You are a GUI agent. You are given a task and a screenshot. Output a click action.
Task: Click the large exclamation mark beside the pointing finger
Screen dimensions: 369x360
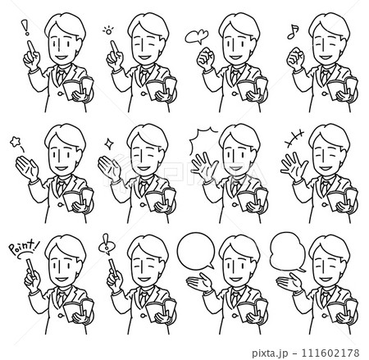point(26,27)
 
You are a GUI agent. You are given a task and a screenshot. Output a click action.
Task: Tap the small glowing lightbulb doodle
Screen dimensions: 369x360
point(108,30)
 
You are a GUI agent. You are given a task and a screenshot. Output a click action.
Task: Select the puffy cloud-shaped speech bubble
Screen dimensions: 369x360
point(197,37)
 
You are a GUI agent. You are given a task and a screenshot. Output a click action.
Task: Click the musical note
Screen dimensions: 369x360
point(293,31)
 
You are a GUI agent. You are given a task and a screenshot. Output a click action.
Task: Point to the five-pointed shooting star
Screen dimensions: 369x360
point(15,142)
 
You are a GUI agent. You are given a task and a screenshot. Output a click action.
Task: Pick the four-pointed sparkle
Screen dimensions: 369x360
point(109,143)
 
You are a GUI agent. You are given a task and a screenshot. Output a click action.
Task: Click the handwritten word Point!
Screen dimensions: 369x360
point(23,247)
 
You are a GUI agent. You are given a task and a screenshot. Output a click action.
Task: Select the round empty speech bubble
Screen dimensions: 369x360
point(196,250)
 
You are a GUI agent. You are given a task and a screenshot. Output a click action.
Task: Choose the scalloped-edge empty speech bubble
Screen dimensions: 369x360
point(288,252)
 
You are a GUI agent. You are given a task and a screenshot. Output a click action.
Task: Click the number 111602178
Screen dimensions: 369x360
point(330,353)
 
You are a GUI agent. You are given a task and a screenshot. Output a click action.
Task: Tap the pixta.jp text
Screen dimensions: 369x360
point(270,353)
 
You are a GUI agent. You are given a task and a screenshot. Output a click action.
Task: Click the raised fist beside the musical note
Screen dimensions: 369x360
point(295,58)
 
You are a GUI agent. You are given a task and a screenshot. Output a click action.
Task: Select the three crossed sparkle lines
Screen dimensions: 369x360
point(294,139)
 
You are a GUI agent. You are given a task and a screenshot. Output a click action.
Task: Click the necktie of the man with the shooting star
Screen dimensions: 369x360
point(60,187)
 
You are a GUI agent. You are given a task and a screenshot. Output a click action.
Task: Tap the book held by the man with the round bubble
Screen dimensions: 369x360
point(253,309)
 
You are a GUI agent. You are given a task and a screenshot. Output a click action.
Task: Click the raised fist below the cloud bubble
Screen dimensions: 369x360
point(206,58)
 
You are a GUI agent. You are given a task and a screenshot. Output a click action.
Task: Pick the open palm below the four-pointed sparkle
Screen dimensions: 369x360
point(109,166)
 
